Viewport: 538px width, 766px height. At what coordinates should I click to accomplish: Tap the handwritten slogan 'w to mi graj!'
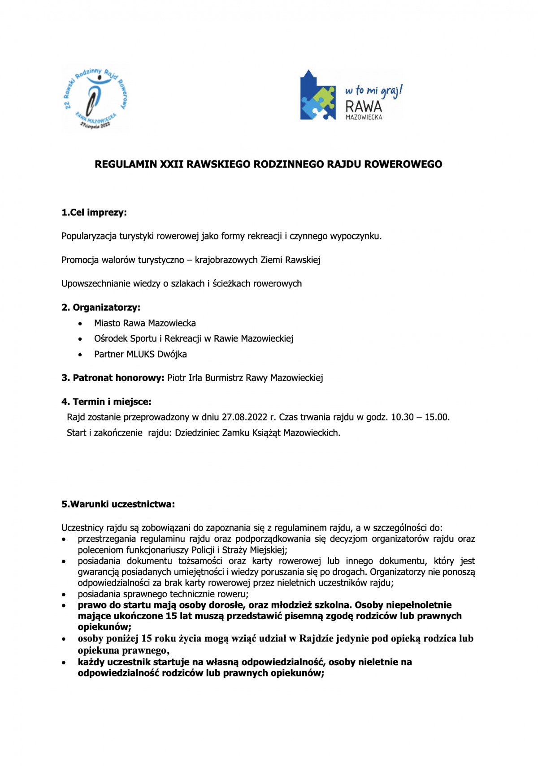tap(373, 91)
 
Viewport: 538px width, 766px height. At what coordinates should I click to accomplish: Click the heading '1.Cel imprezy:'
tap(94, 213)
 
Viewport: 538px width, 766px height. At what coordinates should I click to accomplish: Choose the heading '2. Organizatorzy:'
tap(101, 308)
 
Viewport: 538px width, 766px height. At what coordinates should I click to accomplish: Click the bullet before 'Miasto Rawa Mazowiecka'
tap(80, 324)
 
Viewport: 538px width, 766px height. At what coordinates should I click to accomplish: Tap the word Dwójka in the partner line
tap(172, 354)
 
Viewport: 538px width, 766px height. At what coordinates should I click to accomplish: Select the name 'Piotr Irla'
tap(185, 378)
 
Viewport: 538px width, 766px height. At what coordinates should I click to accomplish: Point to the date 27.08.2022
tap(244, 417)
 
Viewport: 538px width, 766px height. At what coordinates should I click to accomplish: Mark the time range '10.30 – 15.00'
tap(420, 417)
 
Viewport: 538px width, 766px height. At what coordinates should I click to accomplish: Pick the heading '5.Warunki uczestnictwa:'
tap(118, 504)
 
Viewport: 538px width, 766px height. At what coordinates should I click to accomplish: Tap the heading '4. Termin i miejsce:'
tap(106, 402)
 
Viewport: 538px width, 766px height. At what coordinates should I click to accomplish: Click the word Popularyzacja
tap(89, 236)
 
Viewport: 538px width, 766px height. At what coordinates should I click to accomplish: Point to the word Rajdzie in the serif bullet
tap(316, 638)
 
